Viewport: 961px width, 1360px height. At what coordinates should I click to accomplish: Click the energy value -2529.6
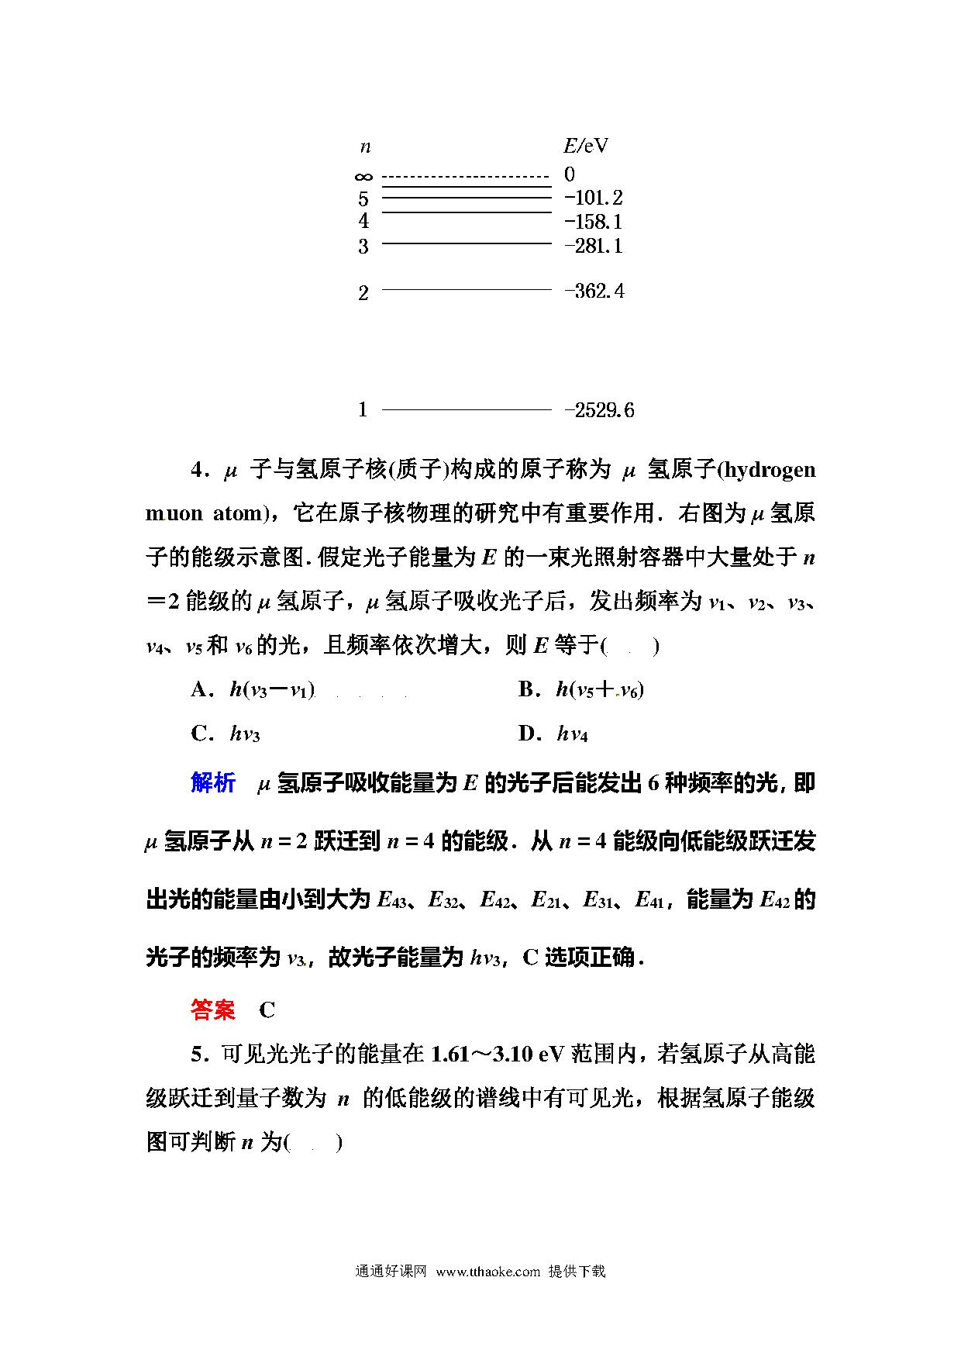pos(599,410)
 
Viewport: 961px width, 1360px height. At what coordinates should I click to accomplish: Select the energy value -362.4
pos(594,292)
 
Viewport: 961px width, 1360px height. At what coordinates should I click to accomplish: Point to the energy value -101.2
pos(594,198)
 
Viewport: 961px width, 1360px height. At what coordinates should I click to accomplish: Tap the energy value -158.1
pos(594,222)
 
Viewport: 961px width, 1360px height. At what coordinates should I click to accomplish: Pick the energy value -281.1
pos(594,246)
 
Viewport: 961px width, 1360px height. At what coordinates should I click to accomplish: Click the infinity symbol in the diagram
pos(363,178)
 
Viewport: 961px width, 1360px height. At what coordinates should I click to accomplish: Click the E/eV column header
pos(585,146)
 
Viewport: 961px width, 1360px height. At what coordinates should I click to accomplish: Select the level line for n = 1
pos(466,409)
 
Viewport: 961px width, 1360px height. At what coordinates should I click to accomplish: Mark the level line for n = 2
pos(466,290)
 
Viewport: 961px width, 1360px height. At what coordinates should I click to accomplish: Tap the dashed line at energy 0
pos(466,177)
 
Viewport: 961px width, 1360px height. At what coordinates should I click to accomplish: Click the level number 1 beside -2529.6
pos(363,409)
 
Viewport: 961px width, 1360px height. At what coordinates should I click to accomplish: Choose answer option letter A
pos(201,689)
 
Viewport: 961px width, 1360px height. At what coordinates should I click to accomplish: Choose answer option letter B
pos(528,689)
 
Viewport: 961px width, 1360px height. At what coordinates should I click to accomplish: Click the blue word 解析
pos(213,783)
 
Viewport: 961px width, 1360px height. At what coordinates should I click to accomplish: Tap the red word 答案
pos(213,1010)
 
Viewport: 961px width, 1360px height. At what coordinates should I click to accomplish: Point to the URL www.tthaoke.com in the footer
pos(487,1271)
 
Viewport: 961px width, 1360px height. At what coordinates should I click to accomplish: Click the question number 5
pos(198,1055)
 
